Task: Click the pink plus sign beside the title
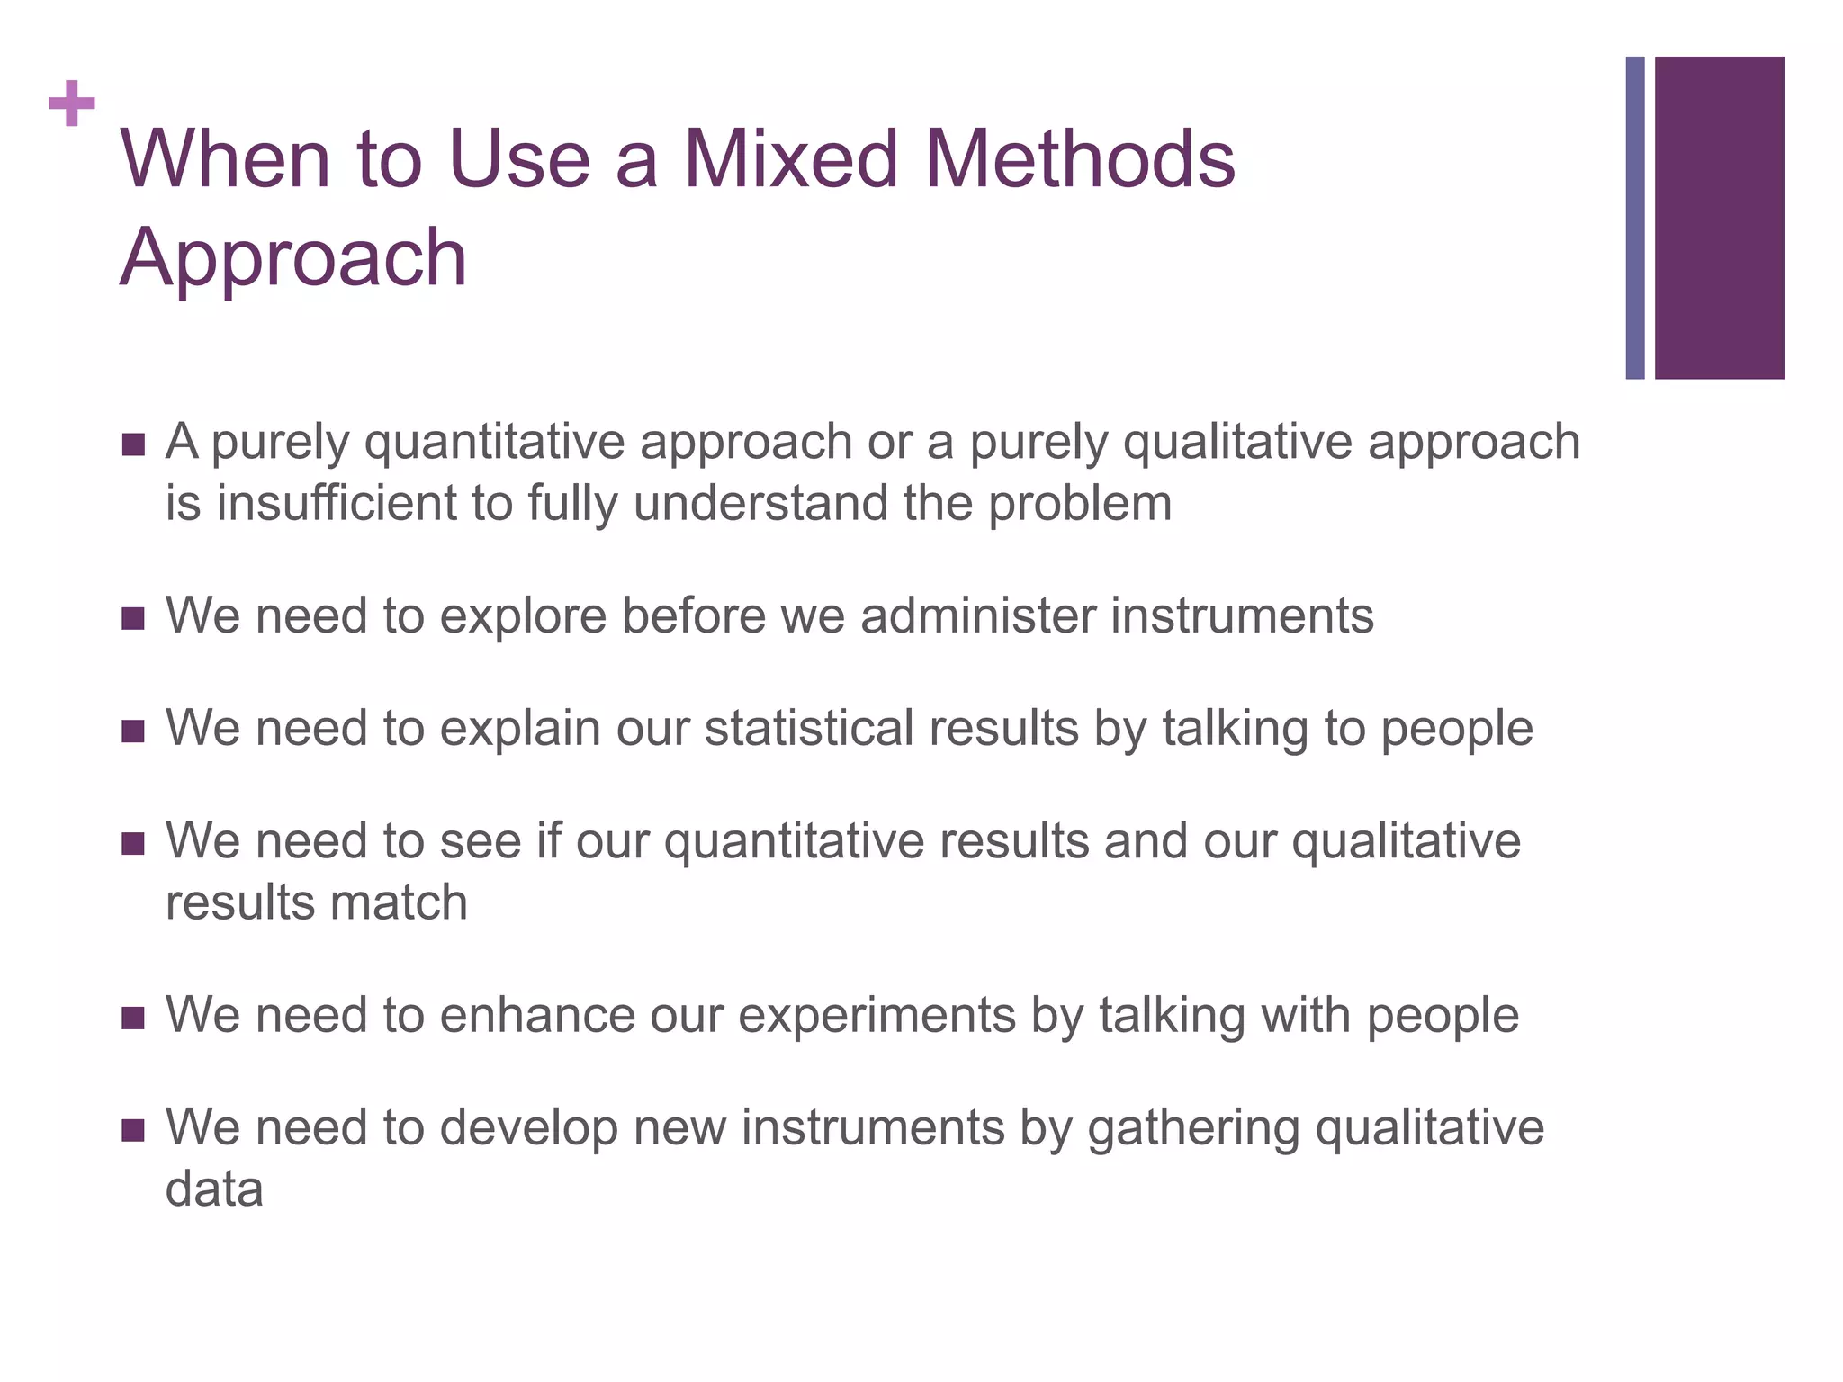tap(72, 103)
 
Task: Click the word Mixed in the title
tap(790, 159)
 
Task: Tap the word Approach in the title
tap(293, 257)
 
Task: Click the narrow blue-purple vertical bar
tap(1634, 218)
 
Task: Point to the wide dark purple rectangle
tap(1719, 218)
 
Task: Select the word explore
tap(523, 617)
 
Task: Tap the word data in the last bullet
tap(214, 1189)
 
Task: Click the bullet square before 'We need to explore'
tap(132, 619)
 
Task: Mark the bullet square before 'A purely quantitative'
tap(132, 444)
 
